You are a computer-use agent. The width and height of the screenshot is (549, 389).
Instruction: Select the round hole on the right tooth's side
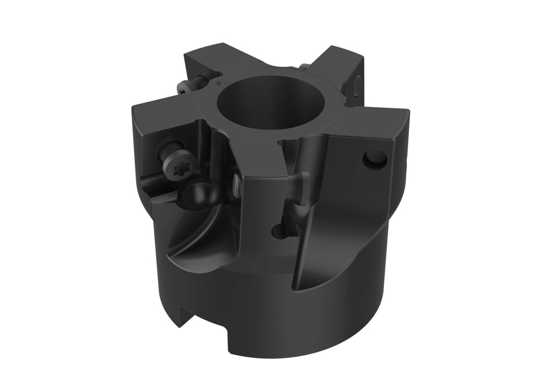click(x=375, y=159)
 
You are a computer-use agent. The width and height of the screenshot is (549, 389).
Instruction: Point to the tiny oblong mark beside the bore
click(x=218, y=84)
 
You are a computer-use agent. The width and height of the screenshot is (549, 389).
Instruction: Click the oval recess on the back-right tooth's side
click(x=358, y=83)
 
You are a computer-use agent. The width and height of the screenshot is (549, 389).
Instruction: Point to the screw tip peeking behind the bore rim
click(x=305, y=67)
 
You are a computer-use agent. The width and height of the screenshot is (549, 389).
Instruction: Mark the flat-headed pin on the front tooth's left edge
click(x=236, y=183)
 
